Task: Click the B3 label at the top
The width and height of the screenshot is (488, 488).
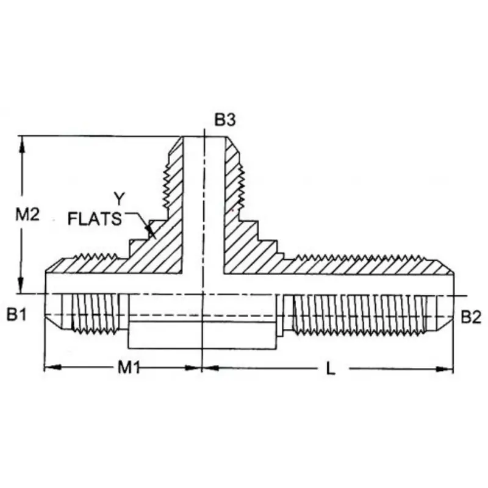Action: click(224, 120)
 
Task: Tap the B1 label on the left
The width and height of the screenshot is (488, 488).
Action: click(17, 315)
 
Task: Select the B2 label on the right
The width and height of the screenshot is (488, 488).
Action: click(471, 317)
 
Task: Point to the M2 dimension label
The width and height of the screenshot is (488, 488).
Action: click(27, 215)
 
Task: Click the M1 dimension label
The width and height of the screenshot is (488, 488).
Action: click(129, 368)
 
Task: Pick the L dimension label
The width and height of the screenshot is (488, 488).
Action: click(331, 369)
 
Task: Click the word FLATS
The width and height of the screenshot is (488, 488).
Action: click(95, 218)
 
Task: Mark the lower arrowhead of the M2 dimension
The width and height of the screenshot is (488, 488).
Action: click(21, 285)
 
